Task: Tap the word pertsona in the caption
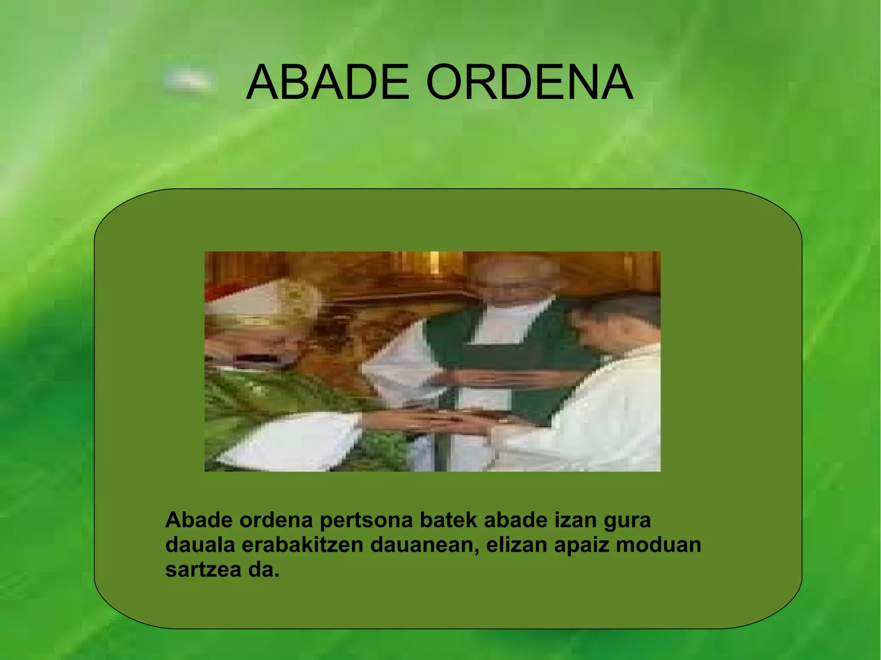(x=366, y=520)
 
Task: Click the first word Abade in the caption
(x=199, y=520)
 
